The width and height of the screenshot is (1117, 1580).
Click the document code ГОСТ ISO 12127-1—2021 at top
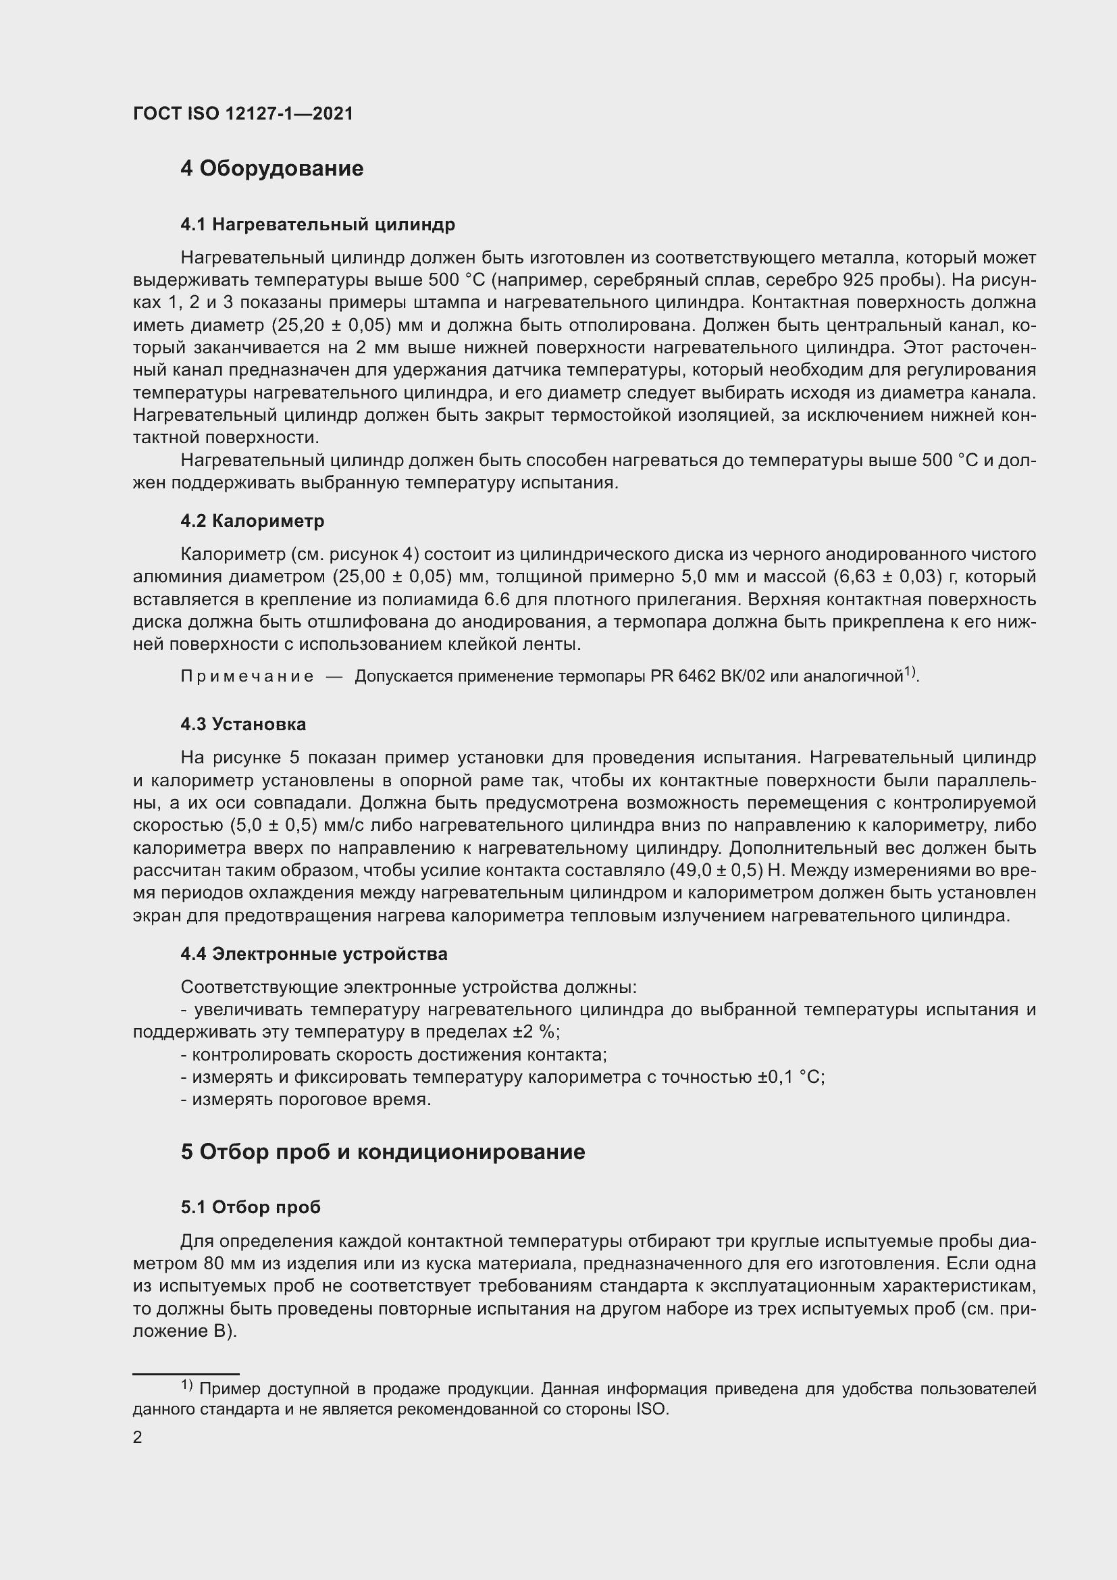(x=243, y=113)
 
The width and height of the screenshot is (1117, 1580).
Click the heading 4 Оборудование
(x=271, y=169)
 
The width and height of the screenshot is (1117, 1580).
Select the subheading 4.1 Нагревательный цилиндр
(x=318, y=224)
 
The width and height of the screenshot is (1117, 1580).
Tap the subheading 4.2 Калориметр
(x=253, y=521)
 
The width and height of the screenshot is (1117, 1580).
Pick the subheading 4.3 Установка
(x=244, y=724)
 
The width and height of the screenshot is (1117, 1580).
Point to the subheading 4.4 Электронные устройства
(x=313, y=954)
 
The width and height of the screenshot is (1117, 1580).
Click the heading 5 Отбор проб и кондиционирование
(x=382, y=1152)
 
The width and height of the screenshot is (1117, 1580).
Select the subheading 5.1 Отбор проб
(x=251, y=1207)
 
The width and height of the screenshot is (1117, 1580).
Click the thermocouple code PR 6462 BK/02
(x=708, y=676)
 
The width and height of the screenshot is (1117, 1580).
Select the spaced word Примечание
(x=247, y=676)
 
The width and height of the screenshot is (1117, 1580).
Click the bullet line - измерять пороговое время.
(x=305, y=1100)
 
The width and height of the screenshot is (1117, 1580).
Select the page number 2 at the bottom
(x=138, y=1437)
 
